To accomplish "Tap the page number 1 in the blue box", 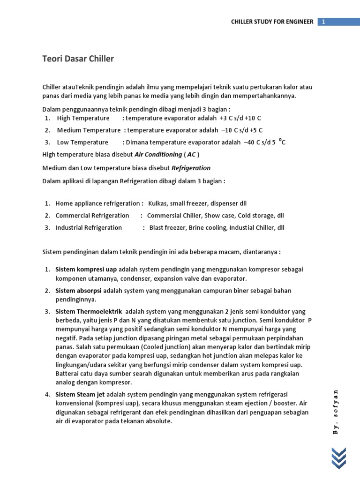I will [x=323, y=22].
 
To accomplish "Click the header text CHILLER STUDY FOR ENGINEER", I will [x=273, y=22].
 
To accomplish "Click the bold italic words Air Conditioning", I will [x=158, y=155].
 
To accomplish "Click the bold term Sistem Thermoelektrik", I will [x=89, y=311].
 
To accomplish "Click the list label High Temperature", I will [x=83, y=118].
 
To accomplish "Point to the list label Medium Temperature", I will [x=89, y=130].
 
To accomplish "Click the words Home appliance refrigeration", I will [x=97, y=203].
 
